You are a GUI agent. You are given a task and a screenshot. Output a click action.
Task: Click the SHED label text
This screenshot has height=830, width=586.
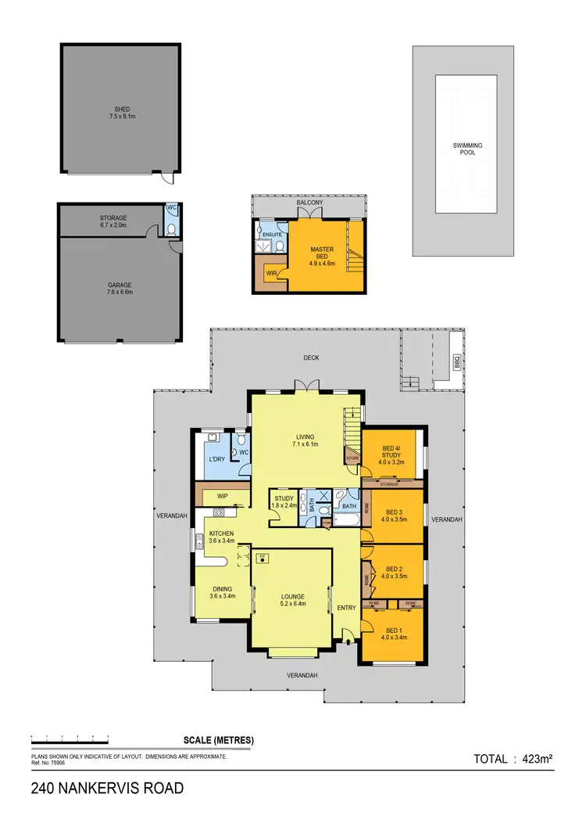pos(120,108)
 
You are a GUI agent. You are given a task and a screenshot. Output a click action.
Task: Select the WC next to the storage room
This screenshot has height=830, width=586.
pos(171,208)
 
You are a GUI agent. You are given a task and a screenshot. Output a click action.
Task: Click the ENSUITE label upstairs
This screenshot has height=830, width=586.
pos(272,233)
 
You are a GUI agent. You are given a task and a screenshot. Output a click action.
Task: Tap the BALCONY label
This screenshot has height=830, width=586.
pos(309,203)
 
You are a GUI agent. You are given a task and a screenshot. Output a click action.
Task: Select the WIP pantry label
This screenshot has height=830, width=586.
pos(222,495)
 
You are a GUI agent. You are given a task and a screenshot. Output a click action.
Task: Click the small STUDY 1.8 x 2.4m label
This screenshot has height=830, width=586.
pos(283,498)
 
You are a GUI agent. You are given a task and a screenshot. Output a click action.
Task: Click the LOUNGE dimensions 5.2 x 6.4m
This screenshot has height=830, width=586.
pos(293,603)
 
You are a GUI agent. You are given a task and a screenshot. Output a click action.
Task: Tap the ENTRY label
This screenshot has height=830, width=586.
pos(346,608)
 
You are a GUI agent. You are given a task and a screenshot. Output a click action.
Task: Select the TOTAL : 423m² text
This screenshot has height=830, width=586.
pos(513,758)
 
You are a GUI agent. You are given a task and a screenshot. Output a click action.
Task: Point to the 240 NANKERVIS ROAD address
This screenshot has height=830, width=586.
pos(108,789)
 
